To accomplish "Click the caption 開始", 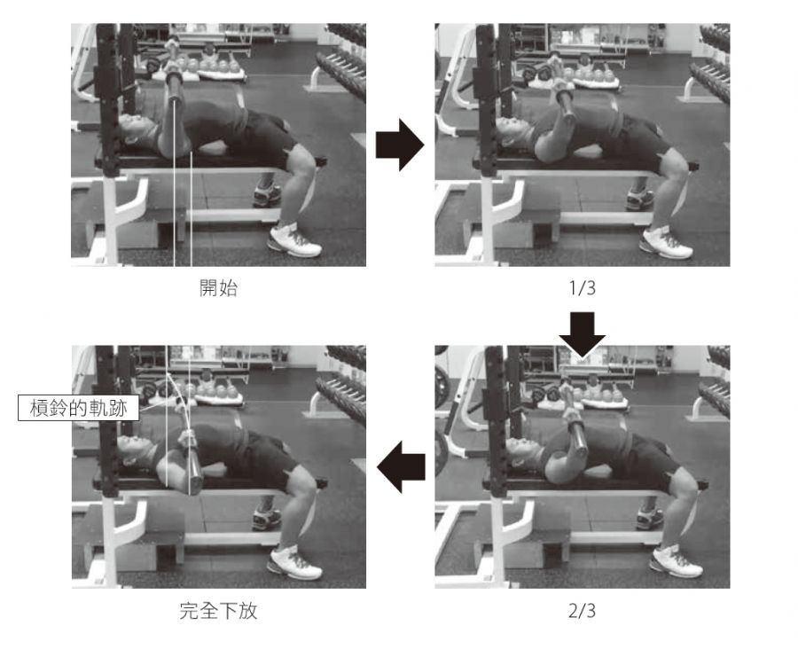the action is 218,288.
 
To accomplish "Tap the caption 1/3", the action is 583,288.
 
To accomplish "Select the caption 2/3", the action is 583,610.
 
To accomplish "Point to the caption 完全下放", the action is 218,610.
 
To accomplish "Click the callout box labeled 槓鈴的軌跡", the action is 78,408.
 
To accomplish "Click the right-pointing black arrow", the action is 400,145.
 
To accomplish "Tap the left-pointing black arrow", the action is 401,466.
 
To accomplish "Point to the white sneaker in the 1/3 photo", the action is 666,242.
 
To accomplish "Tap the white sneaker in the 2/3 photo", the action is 676,560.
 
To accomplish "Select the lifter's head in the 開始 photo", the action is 135,129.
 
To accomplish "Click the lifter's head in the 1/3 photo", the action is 514,132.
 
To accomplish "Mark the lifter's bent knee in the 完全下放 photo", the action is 305,488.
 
